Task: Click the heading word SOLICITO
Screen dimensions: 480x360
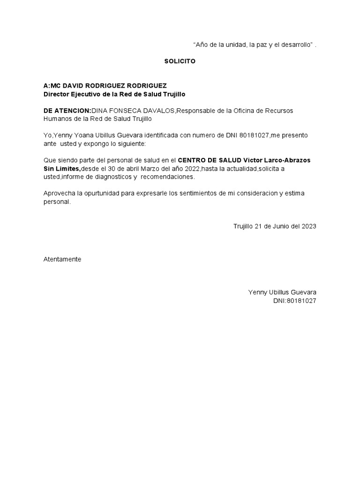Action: tap(180, 61)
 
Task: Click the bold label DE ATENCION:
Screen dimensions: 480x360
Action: tap(67, 111)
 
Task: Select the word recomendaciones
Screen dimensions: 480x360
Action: tap(167, 177)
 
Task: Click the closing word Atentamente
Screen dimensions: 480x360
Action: tap(62, 259)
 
